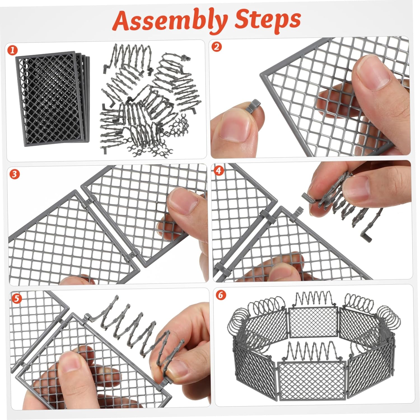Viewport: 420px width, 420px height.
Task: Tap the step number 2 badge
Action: point(216,47)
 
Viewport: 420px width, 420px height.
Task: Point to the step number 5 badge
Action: point(17,298)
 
